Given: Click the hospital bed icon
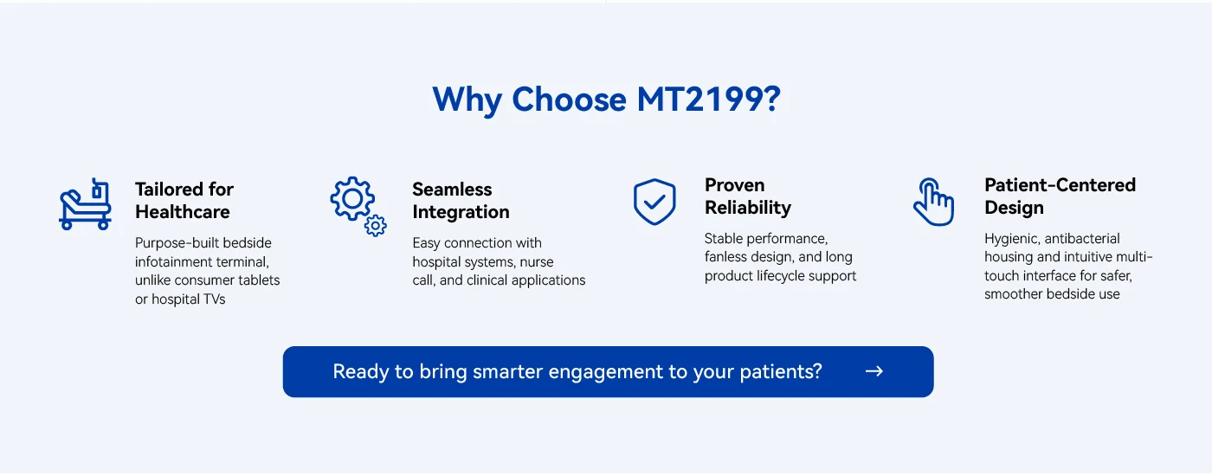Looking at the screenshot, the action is point(85,204).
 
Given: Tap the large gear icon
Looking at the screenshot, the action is point(352,198).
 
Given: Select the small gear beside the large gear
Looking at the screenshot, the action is point(376,226).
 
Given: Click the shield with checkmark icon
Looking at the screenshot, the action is point(654,202).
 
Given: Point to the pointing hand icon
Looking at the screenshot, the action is point(933,202).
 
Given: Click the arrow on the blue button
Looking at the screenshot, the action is point(874,371).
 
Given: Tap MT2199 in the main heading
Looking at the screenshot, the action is point(709,100).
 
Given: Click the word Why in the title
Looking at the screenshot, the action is point(467,100).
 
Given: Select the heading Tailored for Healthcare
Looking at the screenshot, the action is point(184,201).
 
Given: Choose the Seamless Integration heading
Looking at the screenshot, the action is point(461,201).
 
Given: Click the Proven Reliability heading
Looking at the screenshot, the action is point(748,196).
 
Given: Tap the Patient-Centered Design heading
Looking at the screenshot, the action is point(1060,196).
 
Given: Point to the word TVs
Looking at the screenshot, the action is point(215,299).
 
